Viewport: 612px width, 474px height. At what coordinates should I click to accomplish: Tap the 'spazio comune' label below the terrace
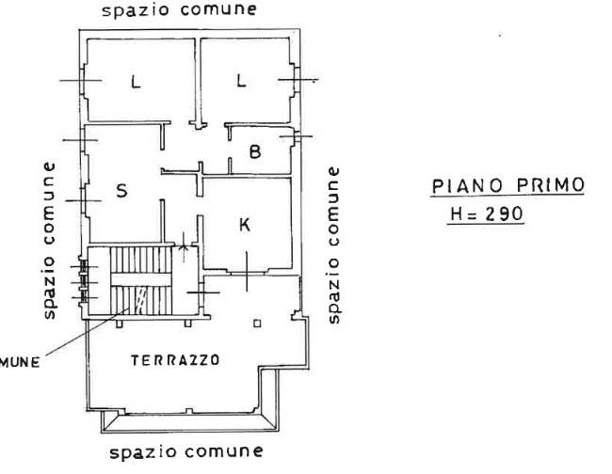pyautogui.click(x=185, y=452)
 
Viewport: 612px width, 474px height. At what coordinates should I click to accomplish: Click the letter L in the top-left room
pyautogui.click(x=136, y=83)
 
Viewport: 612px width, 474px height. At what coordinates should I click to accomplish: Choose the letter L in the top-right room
pyautogui.click(x=241, y=81)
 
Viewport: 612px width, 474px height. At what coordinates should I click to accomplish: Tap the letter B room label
pyautogui.click(x=255, y=150)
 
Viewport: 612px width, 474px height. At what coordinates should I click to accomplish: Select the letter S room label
pyautogui.click(x=121, y=191)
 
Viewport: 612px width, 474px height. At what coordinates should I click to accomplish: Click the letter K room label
pyautogui.click(x=245, y=226)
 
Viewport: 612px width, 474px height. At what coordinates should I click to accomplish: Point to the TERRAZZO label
pyautogui.click(x=176, y=359)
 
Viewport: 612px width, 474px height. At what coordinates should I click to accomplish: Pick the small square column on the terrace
pyautogui.click(x=256, y=325)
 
